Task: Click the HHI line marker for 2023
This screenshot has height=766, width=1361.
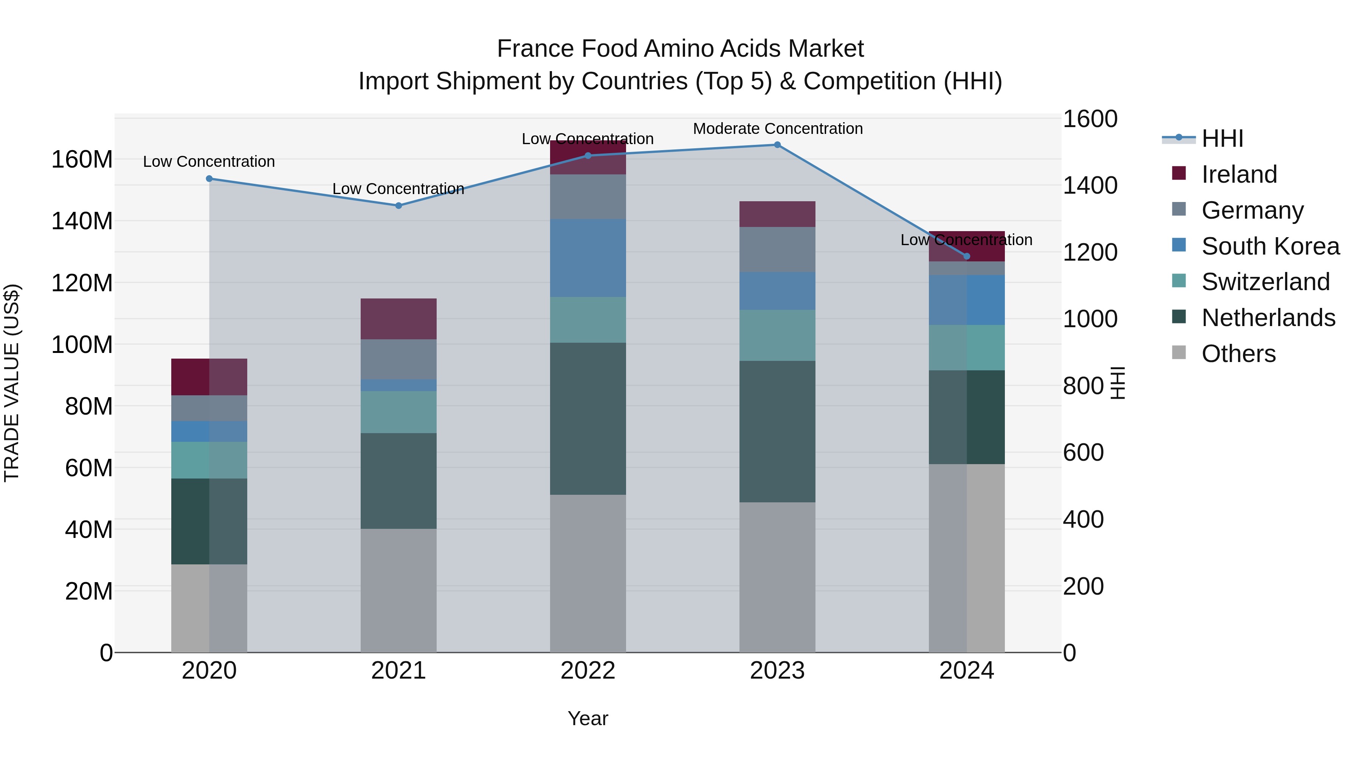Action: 777,145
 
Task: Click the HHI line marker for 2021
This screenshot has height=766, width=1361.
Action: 398,206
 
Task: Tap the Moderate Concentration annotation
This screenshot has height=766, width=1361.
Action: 778,129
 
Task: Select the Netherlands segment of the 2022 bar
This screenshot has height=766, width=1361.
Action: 587,419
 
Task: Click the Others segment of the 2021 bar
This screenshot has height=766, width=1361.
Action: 398,590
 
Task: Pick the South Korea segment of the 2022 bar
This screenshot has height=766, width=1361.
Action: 587,258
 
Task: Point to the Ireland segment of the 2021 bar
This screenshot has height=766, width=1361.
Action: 398,319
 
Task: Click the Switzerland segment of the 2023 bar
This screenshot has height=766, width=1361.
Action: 777,335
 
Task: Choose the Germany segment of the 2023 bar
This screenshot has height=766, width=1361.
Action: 777,250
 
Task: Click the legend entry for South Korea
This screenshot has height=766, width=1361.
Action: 1270,246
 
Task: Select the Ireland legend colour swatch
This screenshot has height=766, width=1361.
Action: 1179,173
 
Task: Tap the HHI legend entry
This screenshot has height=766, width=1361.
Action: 1222,138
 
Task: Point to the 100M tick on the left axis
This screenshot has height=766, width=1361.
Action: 82,345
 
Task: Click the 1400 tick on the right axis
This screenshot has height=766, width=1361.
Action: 1090,186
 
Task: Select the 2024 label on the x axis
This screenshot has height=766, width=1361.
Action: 966,671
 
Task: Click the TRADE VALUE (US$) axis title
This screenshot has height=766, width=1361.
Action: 12,383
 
